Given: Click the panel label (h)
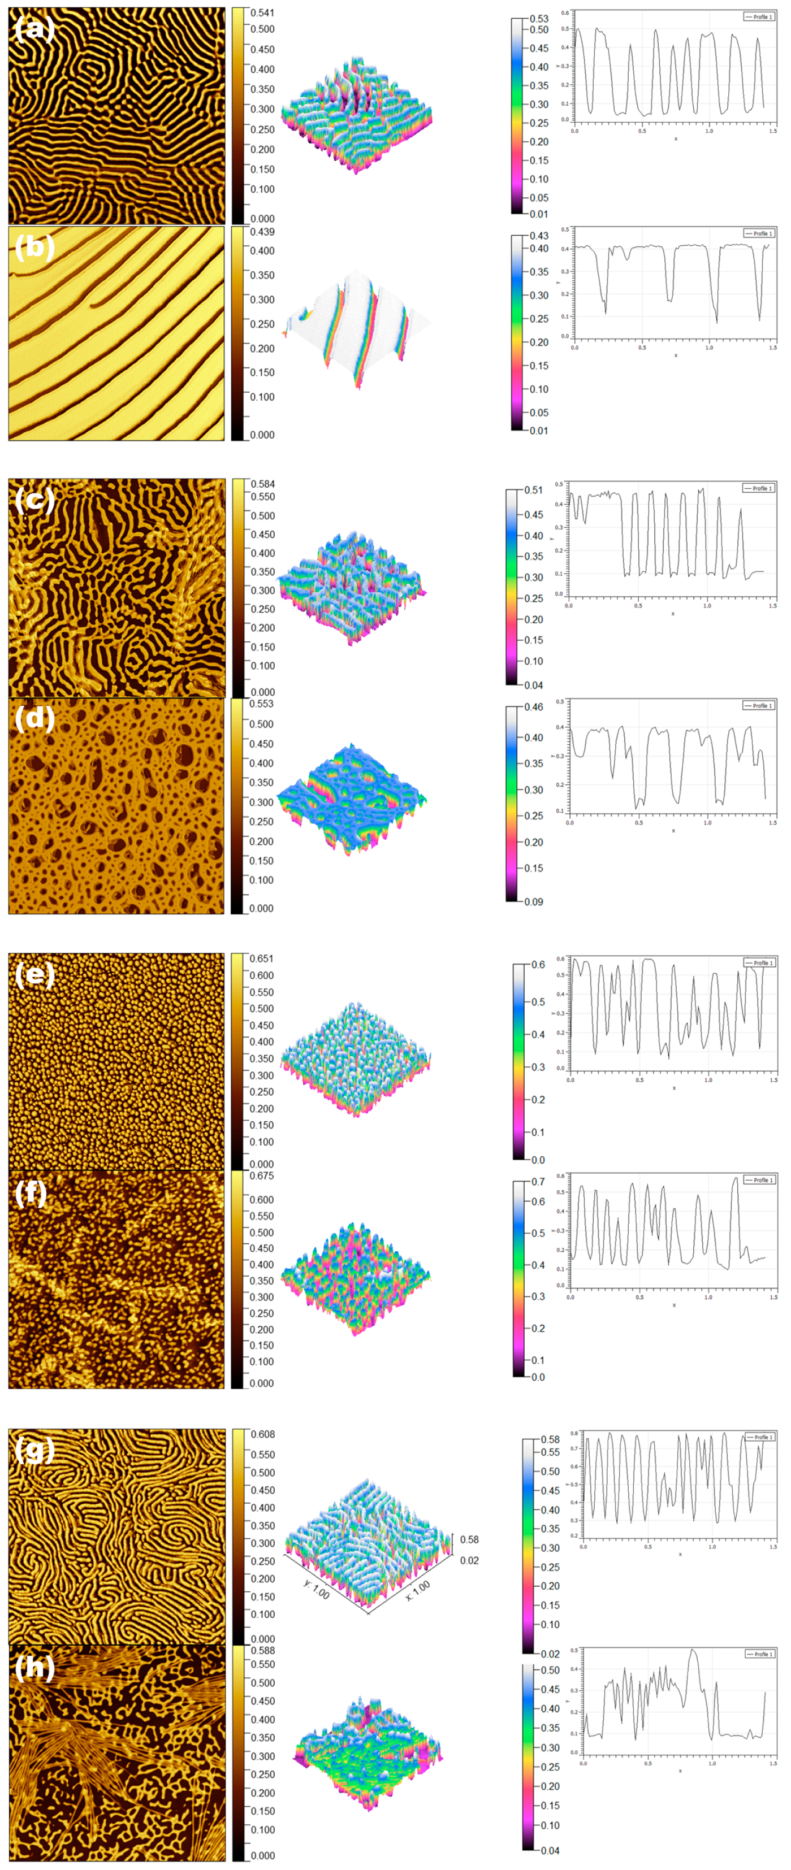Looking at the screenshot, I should [x=34, y=1668].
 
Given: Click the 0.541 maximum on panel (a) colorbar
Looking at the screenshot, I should [x=262, y=13].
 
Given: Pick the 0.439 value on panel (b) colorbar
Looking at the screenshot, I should [x=262, y=232].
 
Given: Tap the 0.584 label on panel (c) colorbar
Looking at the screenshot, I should [x=263, y=484].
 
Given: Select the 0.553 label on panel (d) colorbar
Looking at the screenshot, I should [x=261, y=704].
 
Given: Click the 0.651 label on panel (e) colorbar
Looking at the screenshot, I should [x=262, y=958].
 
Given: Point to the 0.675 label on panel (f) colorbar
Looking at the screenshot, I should [x=262, y=1175].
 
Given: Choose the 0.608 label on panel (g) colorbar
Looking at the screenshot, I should [x=263, y=1434].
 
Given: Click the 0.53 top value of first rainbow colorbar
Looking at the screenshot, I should [x=538, y=19].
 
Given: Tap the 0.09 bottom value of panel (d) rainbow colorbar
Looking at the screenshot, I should [x=534, y=901].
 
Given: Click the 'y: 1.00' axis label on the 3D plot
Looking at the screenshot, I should [x=316, y=1589].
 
